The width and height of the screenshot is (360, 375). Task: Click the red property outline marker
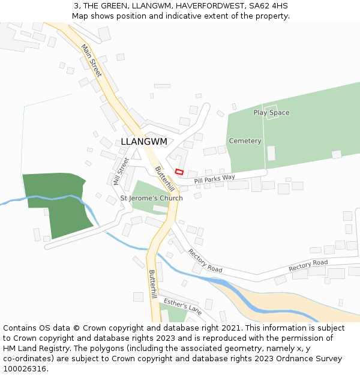179,172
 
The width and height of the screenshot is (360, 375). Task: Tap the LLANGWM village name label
144,142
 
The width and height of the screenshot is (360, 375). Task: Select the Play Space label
271,113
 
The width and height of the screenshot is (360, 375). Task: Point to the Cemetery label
245,141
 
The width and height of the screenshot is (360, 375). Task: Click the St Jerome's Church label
152,198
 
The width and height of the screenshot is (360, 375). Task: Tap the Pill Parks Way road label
214,178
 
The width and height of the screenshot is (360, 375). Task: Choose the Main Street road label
92,60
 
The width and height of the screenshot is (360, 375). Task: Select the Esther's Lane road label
182,306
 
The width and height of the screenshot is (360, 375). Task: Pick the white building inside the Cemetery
271,153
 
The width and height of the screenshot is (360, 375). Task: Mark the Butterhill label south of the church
152,284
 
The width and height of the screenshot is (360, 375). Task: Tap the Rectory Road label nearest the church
205,260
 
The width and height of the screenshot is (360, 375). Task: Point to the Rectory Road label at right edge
308,265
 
